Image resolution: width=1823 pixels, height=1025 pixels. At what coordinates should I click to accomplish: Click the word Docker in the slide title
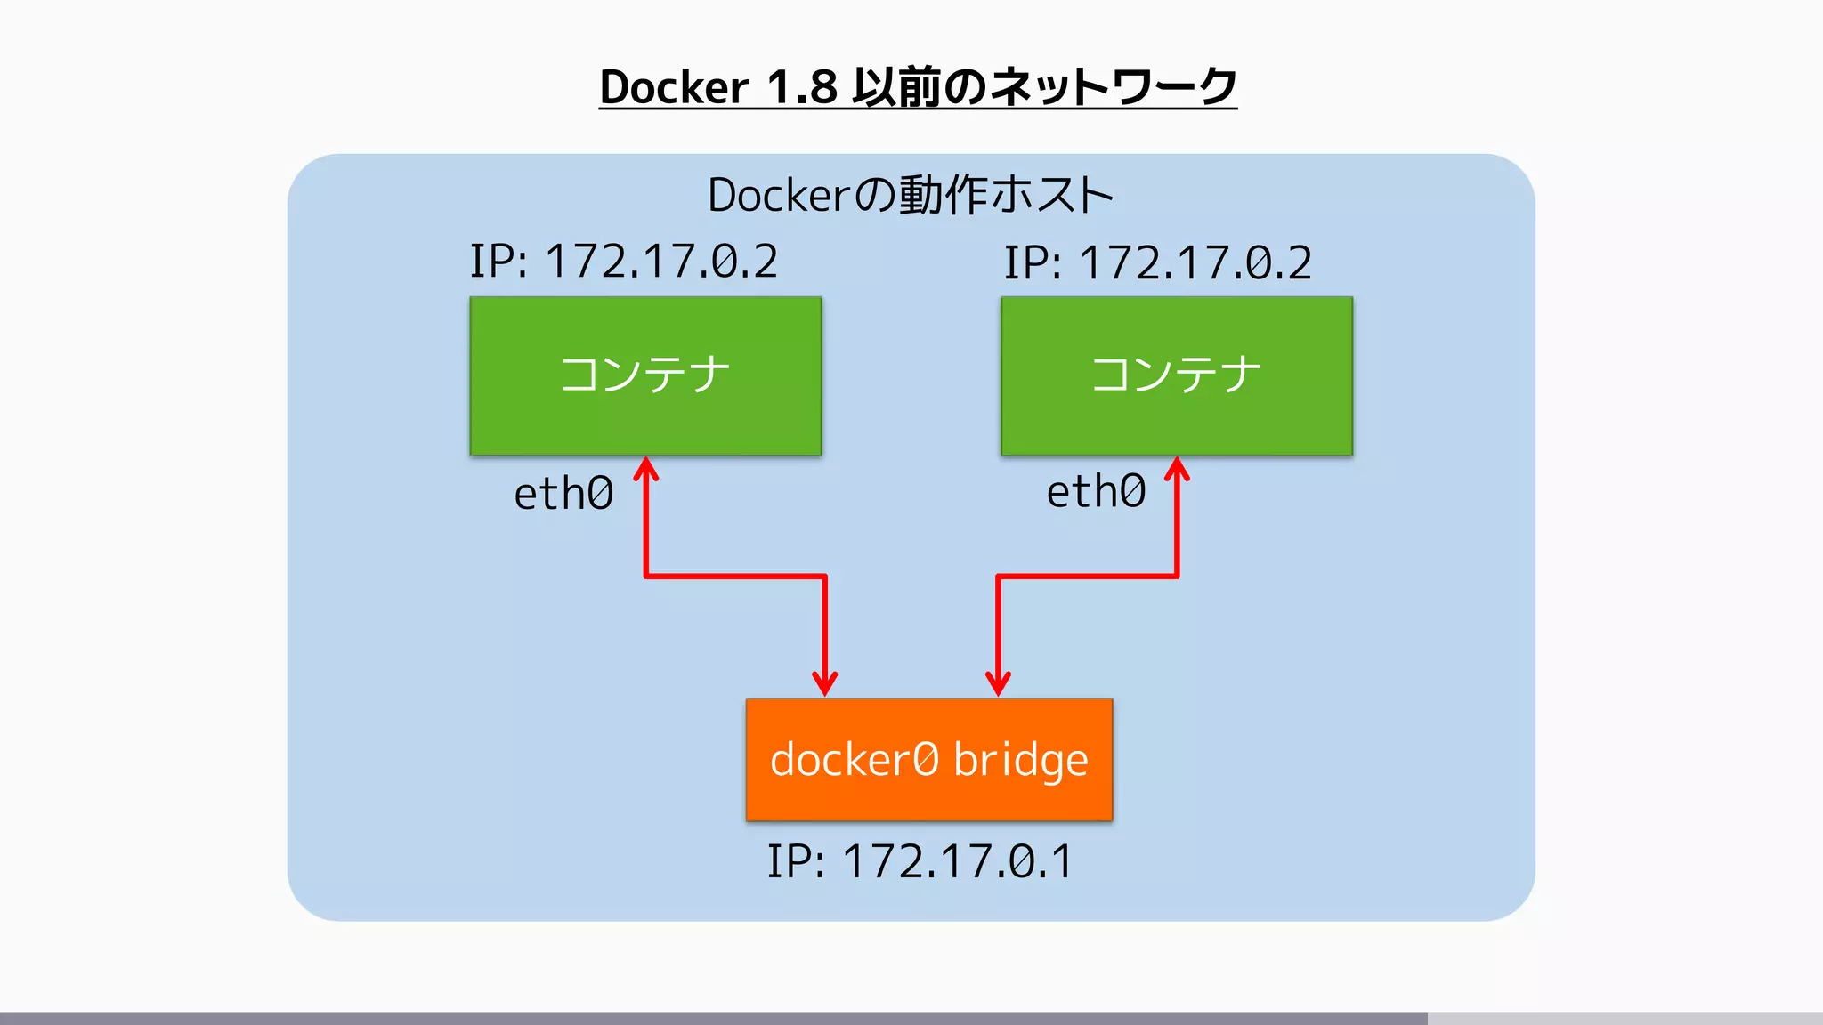[674, 87]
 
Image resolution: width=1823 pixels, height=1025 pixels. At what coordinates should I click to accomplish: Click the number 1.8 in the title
[801, 87]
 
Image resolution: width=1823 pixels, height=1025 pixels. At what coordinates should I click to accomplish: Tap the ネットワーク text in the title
[1113, 87]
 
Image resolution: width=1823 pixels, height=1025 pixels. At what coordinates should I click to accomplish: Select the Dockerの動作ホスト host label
[911, 195]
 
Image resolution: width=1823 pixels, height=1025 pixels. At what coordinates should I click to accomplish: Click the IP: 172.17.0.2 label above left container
[623, 262]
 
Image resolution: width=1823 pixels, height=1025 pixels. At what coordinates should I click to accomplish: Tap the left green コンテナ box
[645, 375]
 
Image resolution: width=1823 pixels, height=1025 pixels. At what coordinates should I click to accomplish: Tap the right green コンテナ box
[1176, 375]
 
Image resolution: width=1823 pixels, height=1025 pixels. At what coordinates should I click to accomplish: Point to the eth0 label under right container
[1096, 492]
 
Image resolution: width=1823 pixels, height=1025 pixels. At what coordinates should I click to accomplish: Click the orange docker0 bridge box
[928, 759]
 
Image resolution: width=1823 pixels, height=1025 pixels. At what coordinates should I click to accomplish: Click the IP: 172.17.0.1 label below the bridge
[920, 861]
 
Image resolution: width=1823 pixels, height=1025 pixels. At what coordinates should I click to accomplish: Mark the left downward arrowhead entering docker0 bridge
[825, 684]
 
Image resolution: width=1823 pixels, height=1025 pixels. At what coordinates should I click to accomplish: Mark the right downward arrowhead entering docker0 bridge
[998, 684]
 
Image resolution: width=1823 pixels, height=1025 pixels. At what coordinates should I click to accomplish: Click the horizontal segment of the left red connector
[735, 577]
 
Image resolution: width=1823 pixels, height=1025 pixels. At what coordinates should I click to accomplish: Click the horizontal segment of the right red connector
[1087, 577]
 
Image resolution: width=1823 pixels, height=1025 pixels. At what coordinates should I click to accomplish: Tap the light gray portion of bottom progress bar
[1624, 1018]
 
